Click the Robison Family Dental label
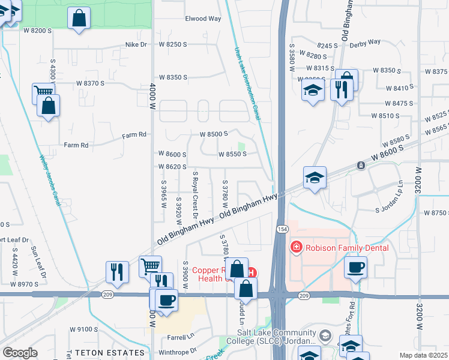pyautogui.click(x=346, y=247)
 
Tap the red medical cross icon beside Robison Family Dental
pyautogui.click(x=295, y=247)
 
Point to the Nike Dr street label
pyautogui.click(x=136, y=44)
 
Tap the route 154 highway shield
pyautogui.click(x=281, y=229)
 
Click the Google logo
pyautogui.click(x=20, y=353)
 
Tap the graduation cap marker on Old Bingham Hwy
pyautogui.click(x=315, y=178)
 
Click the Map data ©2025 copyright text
pyautogui.click(x=423, y=355)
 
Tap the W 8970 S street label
pyautogui.click(x=29, y=284)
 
